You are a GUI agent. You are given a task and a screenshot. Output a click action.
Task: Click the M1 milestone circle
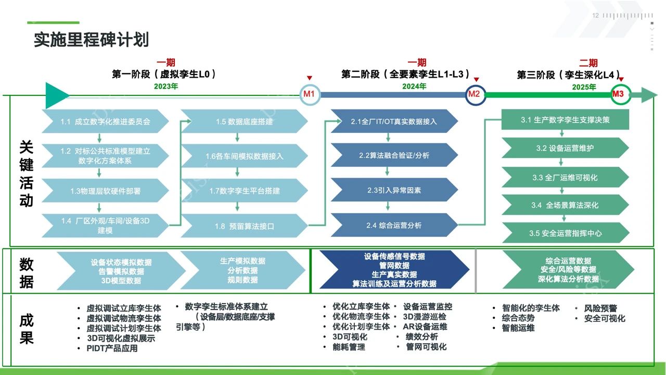click(x=309, y=94)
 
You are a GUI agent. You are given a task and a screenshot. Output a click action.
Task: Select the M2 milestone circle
click(x=474, y=94)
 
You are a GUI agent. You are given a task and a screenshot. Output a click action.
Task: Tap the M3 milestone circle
click(x=618, y=94)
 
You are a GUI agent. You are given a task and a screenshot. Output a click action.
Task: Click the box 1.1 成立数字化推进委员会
click(x=105, y=122)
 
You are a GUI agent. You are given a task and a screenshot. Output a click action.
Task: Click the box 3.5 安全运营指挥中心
click(x=565, y=233)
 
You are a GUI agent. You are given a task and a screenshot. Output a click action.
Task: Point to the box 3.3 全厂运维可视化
click(x=565, y=178)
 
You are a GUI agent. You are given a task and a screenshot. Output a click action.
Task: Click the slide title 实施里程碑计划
click(x=91, y=40)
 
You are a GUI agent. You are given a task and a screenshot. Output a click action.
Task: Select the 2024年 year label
click(x=414, y=86)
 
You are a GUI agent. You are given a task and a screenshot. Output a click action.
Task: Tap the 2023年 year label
click(x=166, y=86)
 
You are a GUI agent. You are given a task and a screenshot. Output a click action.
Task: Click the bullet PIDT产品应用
click(x=112, y=348)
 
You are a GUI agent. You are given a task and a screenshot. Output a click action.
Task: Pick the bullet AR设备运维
click(x=425, y=327)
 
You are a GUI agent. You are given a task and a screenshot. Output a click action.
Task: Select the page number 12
click(x=596, y=16)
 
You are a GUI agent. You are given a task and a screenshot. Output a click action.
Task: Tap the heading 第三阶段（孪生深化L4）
click(x=568, y=75)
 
